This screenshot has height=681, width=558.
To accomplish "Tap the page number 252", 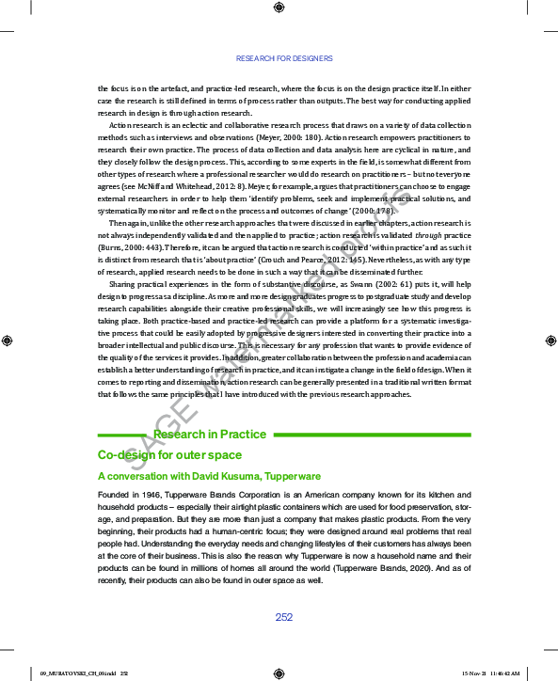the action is tap(284, 617).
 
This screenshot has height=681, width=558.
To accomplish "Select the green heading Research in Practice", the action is tap(210, 435).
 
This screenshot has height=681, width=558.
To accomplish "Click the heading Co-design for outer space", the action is tap(169, 455).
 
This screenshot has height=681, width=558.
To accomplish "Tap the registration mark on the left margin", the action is tap(8, 340).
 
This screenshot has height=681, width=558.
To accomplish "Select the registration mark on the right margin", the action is tap(550, 340).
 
